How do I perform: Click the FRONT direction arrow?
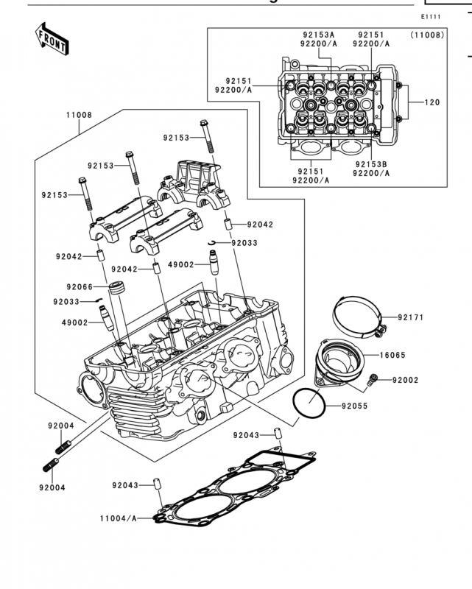[52, 39]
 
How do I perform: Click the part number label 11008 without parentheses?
[79, 115]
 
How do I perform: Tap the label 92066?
[80, 287]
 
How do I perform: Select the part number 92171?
[411, 317]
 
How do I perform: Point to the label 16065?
[392, 355]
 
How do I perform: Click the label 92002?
[406, 380]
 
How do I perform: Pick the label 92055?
[355, 406]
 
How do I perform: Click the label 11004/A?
[119, 518]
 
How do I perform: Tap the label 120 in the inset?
[432, 102]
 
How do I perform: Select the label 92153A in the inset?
[319, 35]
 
